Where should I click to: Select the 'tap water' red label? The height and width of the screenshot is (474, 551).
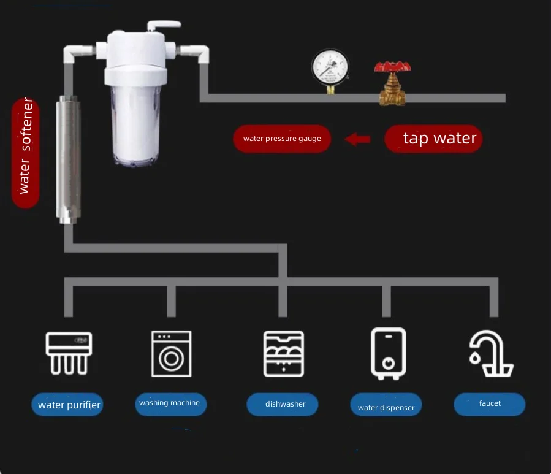click(x=433, y=139)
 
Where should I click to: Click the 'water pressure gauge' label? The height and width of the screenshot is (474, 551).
click(x=281, y=139)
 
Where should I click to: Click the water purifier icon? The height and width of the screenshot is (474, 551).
click(x=69, y=353)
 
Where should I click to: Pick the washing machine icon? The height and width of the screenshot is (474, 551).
click(x=171, y=353)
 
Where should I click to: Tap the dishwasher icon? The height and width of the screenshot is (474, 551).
click(x=284, y=353)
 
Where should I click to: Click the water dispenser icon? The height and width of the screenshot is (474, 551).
click(x=388, y=352)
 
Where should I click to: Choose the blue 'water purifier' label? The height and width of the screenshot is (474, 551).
click(x=67, y=405)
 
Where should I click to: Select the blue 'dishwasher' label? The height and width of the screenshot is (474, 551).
click(x=283, y=404)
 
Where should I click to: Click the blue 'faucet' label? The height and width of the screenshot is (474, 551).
click(x=489, y=404)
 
